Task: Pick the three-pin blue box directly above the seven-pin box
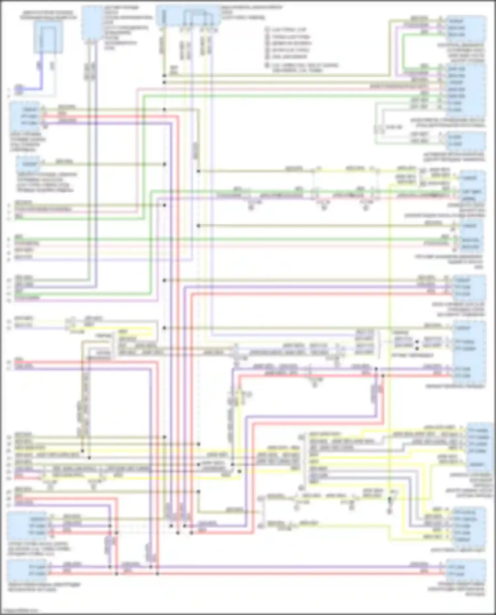tap(466, 28)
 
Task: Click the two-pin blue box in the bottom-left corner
tap(28, 570)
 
